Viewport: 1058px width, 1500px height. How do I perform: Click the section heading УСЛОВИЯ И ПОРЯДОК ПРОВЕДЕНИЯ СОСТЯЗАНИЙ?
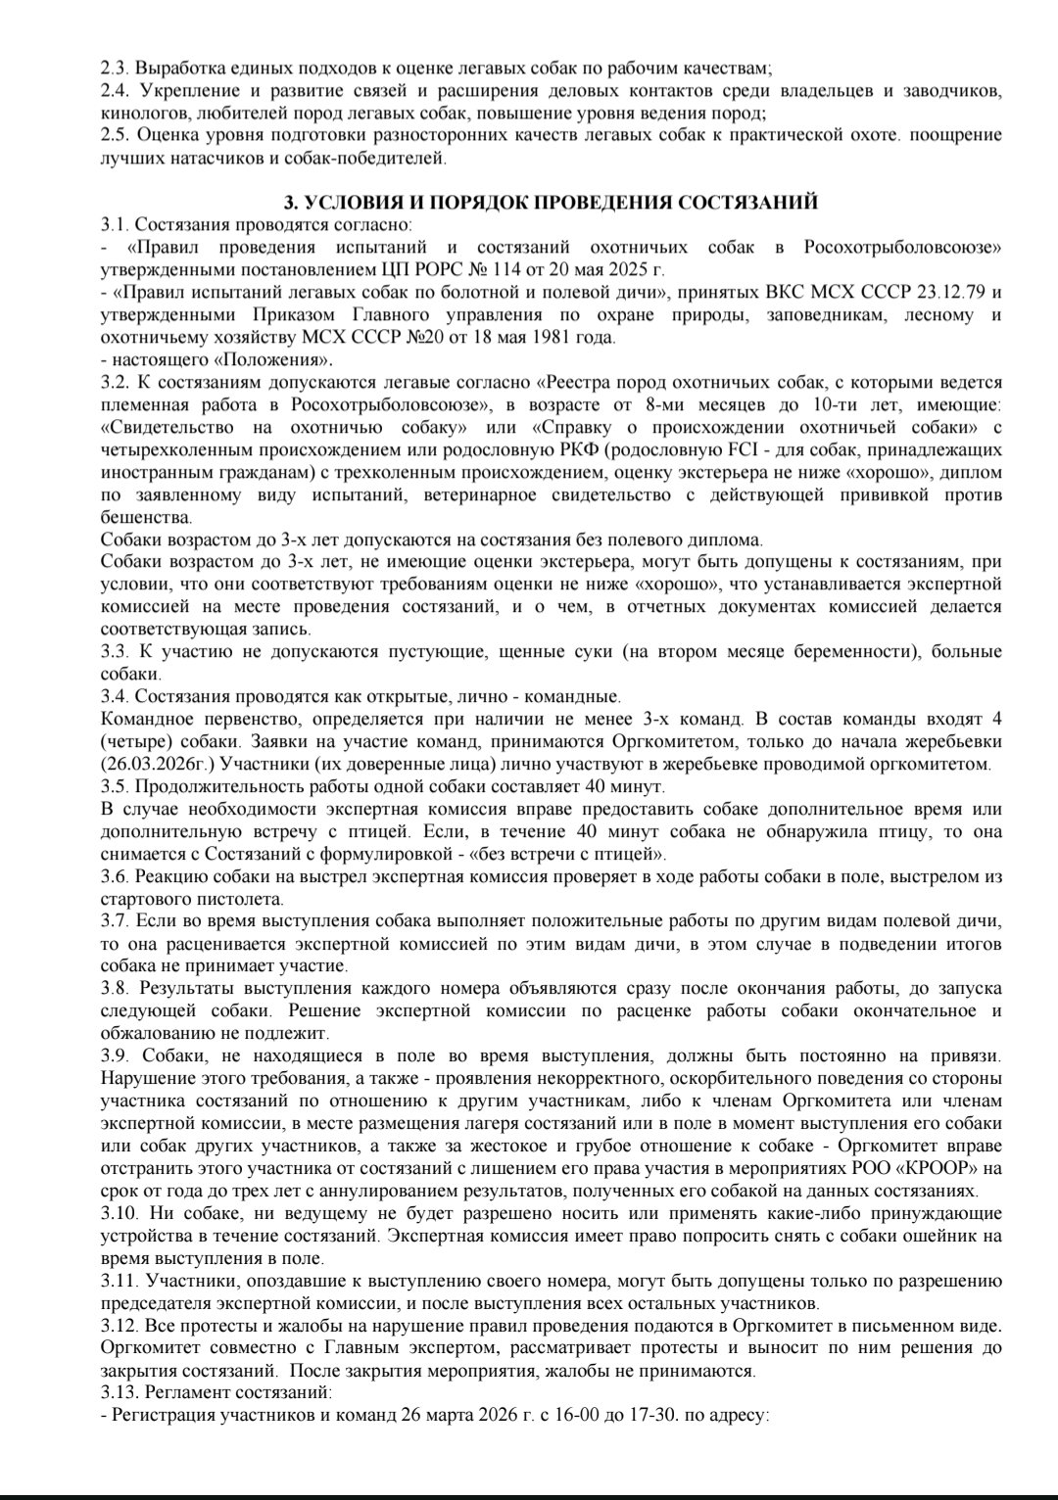(x=550, y=204)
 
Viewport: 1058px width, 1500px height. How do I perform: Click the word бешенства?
(x=146, y=518)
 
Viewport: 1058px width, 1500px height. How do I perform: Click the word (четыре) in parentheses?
(x=138, y=741)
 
